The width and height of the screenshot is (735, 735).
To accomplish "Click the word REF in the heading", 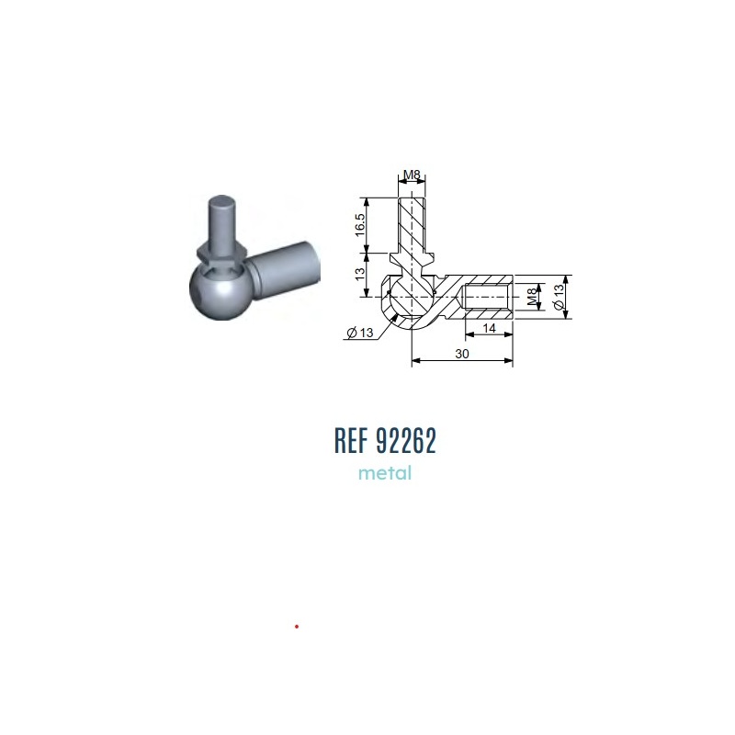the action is click(x=351, y=440).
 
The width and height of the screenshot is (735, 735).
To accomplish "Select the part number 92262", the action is click(x=406, y=440).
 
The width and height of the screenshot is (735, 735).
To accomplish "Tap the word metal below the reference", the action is click(x=385, y=473).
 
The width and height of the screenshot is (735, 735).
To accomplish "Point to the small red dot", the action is click(x=297, y=627).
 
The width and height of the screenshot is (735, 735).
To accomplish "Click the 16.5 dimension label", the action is click(x=359, y=225).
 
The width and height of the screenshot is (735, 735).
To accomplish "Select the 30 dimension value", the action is click(x=462, y=354).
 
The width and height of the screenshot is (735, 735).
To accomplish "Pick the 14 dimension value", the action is click(x=489, y=328).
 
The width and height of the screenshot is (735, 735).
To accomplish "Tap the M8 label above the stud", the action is click(x=412, y=175).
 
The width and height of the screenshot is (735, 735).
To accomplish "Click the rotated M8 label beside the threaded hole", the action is click(x=532, y=297).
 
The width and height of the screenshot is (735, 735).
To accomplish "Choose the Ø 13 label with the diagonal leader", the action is click(x=360, y=333).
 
